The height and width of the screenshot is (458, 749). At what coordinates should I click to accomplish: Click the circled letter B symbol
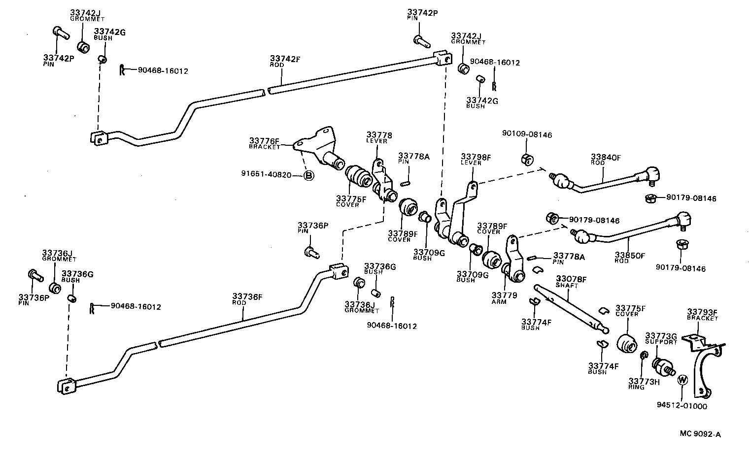pyautogui.click(x=308, y=175)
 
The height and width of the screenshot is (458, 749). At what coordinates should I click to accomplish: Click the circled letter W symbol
pyautogui.click(x=682, y=380)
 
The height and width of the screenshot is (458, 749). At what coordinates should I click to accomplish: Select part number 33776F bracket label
pyautogui.click(x=264, y=143)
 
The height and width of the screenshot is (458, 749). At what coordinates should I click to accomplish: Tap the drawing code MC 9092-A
pyautogui.click(x=700, y=434)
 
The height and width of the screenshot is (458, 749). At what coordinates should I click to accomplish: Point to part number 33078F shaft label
pyautogui.click(x=571, y=282)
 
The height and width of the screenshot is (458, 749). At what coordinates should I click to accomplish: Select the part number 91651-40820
pyautogui.click(x=266, y=174)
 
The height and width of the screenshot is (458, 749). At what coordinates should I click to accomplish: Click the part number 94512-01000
pyautogui.click(x=681, y=406)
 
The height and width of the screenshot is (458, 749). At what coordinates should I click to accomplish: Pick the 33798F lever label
pyautogui.click(x=476, y=160)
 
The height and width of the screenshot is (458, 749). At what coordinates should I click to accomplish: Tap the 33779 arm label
pyautogui.click(x=504, y=298)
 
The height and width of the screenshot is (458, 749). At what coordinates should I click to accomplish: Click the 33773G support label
pyautogui.click(x=661, y=338)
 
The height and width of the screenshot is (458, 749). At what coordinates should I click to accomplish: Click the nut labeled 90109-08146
pyautogui.click(x=526, y=159)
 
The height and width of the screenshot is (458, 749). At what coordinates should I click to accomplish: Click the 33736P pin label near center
pyautogui.click(x=312, y=228)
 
